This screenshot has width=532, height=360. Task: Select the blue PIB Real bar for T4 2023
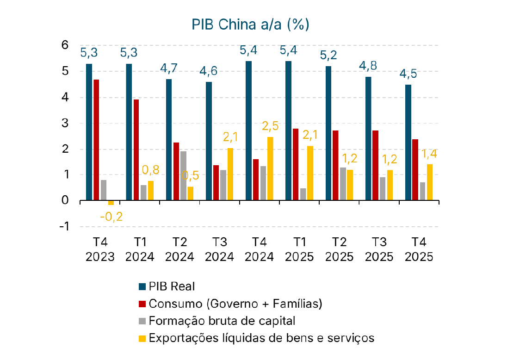[89, 132]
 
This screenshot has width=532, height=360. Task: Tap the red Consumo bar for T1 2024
[136, 150]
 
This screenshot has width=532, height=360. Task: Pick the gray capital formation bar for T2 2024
[183, 176]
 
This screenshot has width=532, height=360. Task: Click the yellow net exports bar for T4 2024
[270, 169]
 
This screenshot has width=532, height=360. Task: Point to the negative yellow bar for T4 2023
[111, 203]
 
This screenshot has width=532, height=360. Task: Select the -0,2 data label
[111, 216]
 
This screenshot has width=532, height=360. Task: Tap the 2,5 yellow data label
[271, 126]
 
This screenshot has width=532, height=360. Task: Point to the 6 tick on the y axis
[65, 45]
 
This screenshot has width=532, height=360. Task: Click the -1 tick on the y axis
[63, 226]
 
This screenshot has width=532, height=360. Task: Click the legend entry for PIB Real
[166, 286]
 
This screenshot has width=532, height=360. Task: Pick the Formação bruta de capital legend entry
[217, 321]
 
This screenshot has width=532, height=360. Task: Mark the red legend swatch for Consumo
[142, 304]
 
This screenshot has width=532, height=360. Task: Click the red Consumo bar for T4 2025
[415, 170]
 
